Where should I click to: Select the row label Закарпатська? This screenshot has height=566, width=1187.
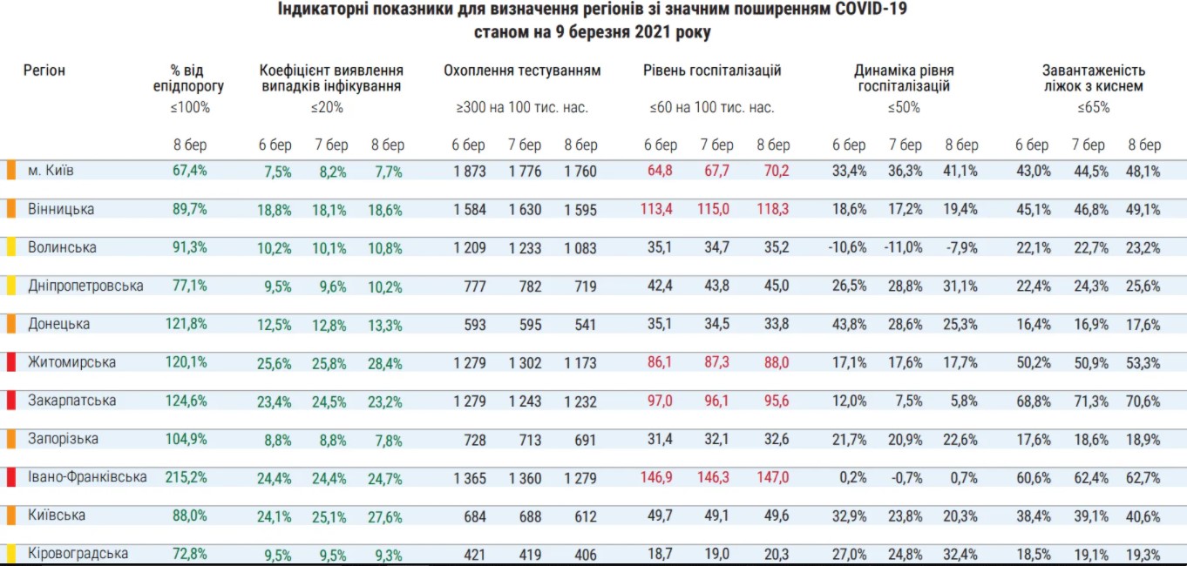(x=71, y=401)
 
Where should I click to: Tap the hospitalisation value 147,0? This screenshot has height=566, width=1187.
(x=772, y=478)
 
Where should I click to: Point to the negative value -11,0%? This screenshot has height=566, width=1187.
(x=904, y=248)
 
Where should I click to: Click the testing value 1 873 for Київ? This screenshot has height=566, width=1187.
(x=470, y=172)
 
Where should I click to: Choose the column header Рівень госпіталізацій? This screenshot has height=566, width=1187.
(x=712, y=71)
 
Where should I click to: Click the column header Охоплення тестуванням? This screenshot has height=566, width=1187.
(x=522, y=71)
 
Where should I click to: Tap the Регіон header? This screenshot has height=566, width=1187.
(x=44, y=71)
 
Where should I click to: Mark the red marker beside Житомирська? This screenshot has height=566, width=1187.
(x=11, y=362)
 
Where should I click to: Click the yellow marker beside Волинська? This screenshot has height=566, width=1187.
(x=11, y=247)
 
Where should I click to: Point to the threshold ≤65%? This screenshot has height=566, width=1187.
(x=1093, y=108)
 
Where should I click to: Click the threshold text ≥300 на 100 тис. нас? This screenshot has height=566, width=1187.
(x=522, y=108)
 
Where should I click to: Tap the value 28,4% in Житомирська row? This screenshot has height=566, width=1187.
(x=385, y=363)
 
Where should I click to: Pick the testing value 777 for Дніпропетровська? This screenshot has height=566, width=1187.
(x=473, y=286)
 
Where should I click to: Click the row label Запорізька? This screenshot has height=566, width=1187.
(x=63, y=439)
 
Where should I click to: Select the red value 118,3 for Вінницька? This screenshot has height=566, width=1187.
(x=772, y=210)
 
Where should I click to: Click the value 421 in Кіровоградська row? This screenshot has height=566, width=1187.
(x=473, y=555)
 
